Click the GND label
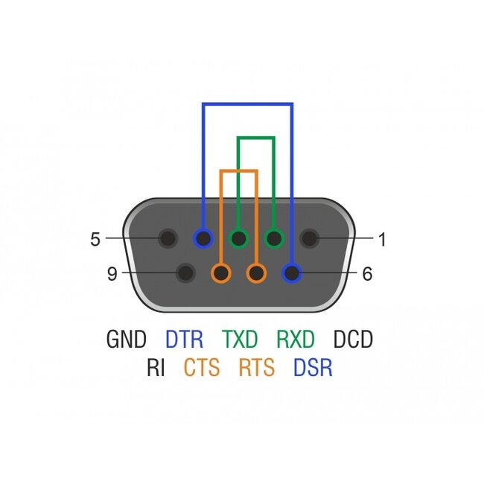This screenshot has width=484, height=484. coord(127,340)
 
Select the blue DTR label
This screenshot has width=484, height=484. coord(184,340)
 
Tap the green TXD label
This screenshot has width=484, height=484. coord(240,340)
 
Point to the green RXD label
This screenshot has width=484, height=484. coord(296,340)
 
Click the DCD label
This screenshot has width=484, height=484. coord(352,340)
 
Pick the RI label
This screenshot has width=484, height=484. coord(156,368)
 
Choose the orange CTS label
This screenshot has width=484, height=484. coord(202,368)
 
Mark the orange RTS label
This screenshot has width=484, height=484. coord(257,368)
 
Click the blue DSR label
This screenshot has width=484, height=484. coord(313,368)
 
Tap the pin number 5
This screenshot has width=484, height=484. coord(95,240)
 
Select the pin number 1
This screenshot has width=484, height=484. coord(382,240)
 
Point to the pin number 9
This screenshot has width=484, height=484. coord(112,274)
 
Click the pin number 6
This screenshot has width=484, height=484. coord(366,274)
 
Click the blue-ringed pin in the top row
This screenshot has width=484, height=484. coord(203,239)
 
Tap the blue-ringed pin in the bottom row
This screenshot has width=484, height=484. coord(293,273)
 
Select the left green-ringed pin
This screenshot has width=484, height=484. coord(238,239)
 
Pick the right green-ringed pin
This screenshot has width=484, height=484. coord(274,239)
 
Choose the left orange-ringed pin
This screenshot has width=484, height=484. coord(220,273)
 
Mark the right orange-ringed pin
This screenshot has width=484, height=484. coord(256,273)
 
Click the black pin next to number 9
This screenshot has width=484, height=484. coord(185,273)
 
